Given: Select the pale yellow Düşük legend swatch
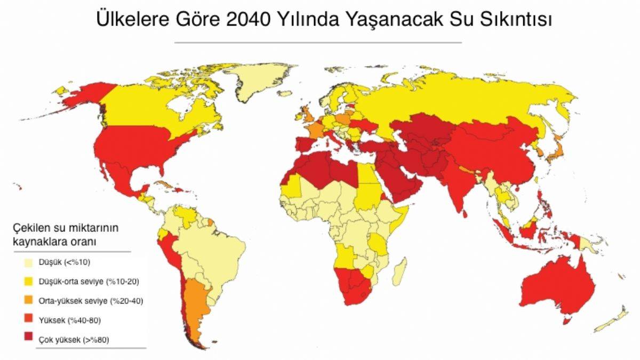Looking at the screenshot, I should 28,262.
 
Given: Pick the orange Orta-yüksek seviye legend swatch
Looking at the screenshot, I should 28,300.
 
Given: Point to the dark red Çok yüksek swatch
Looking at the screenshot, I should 28,339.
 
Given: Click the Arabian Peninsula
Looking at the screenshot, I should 405,181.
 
